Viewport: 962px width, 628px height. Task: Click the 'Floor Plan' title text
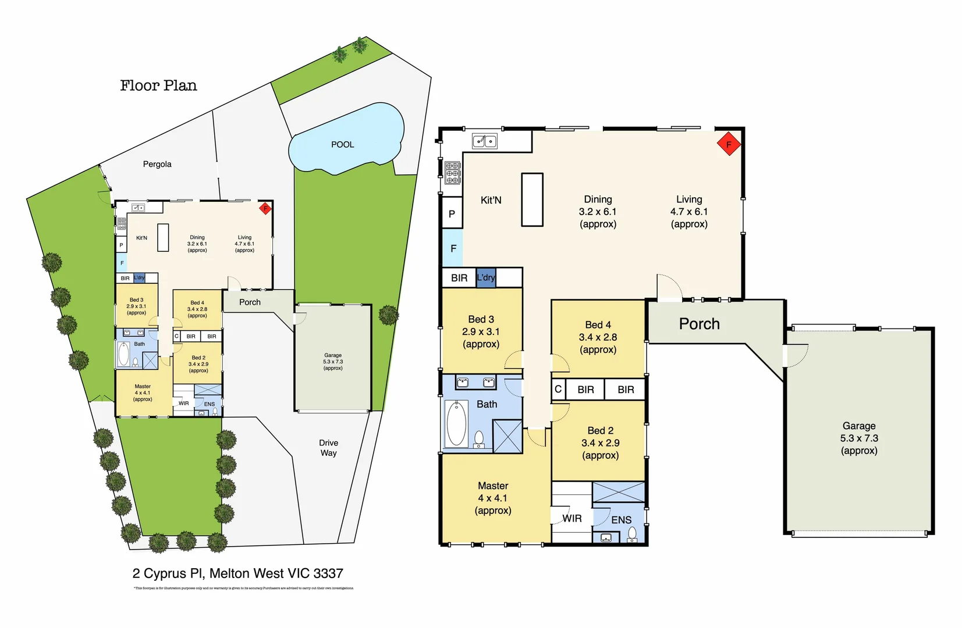[158, 85]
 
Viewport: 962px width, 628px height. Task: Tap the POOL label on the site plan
[342, 144]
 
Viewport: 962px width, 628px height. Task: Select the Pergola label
[157, 164]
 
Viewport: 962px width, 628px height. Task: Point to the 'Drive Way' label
[328, 448]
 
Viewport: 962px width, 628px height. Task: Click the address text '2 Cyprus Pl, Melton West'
[237, 573]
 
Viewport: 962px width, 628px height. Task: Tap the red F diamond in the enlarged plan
[728, 144]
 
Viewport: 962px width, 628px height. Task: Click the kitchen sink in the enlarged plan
[484, 141]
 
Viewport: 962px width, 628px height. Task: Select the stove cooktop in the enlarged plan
[453, 173]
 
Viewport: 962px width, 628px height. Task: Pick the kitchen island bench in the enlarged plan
[532, 199]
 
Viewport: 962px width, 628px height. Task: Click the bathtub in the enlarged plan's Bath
[456, 423]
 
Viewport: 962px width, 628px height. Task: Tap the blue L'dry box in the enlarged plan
[486, 277]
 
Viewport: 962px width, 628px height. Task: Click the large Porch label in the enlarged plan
[699, 324]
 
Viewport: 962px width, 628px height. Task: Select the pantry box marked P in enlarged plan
[452, 213]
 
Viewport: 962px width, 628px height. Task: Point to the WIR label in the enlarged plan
[571, 518]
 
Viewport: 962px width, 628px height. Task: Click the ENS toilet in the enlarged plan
[632, 534]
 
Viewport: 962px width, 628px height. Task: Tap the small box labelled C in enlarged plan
[558, 389]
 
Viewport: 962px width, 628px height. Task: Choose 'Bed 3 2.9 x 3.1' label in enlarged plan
[481, 331]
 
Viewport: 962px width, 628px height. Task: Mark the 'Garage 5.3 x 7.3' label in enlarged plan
[858, 438]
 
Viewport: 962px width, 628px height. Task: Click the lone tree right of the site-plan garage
[388, 315]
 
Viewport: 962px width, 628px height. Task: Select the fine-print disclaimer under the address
[243, 588]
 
